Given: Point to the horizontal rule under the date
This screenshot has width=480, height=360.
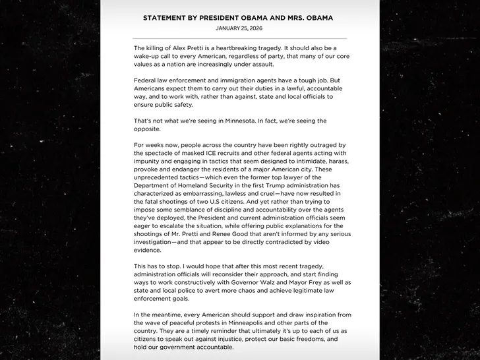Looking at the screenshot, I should tap(239, 38).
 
